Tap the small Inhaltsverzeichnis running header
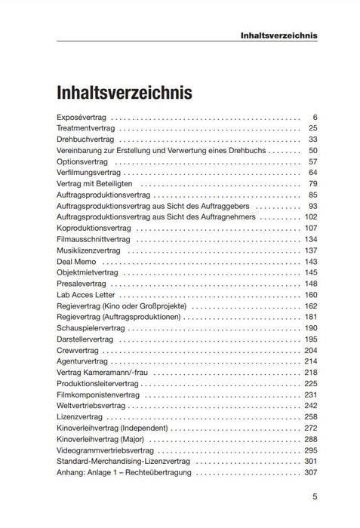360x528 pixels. point(278,35)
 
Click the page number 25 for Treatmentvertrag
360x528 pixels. point(313,129)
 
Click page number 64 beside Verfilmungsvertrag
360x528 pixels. point(313,173)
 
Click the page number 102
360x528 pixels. point(311,216)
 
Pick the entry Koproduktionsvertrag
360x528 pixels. point(94,228)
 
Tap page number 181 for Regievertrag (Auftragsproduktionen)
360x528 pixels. point(311,317)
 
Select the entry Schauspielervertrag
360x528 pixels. point(91,328)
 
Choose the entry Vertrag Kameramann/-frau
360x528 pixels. point(102,373)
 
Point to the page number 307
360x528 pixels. point(311,472)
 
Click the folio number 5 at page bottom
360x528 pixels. point(315,497)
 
